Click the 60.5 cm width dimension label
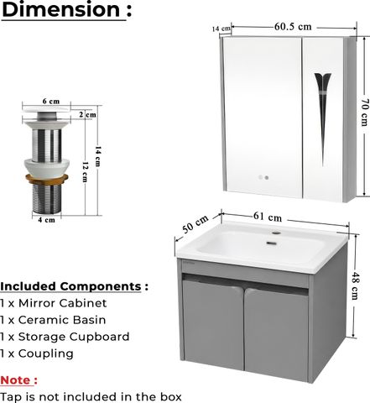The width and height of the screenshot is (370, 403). [x=293, y=27]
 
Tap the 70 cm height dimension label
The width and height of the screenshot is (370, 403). [x=365, y=113]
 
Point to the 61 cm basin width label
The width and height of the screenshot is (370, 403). [x=268, y=217]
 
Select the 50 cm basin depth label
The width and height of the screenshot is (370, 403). [x=195, y=224]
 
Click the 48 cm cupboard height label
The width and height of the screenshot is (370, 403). [x=354, y=285]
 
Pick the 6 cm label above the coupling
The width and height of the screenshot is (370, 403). [x=51, y=101]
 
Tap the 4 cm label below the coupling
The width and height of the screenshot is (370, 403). [x=46, y=220]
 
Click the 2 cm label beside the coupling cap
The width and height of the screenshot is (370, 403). [x=87, y=114]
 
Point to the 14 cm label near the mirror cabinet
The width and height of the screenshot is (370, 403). [x=221, y=29]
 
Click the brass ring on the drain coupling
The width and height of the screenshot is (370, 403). [x=47, y=178]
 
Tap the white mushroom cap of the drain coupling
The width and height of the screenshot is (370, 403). [x=46, y=109]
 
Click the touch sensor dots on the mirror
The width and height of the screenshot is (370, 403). [x=263, y=177]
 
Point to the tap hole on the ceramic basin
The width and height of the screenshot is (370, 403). [x=276, y=233]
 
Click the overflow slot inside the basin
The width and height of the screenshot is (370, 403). [x=271, y=243]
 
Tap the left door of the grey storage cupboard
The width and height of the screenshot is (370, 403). [x=212, y=324]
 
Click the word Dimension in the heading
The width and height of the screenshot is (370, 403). [x=61, y=9]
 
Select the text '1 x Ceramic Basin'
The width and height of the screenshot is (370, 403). [x=53, y=320]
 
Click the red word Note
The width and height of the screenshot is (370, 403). [x=16, y=380]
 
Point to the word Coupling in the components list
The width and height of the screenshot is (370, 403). [x=46, y=354]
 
